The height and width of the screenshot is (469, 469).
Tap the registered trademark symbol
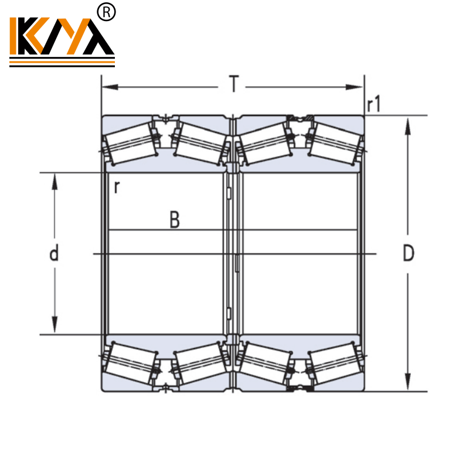pos(108,12)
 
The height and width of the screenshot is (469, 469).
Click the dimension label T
pos(234,85)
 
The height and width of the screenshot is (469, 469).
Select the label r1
pos(373,105)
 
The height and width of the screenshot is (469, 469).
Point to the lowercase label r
pos(117,187)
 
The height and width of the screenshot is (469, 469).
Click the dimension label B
pos(174,220)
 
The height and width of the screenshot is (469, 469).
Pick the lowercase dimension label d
pos(54,254)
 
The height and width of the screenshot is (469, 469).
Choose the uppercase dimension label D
pos(409,253)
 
